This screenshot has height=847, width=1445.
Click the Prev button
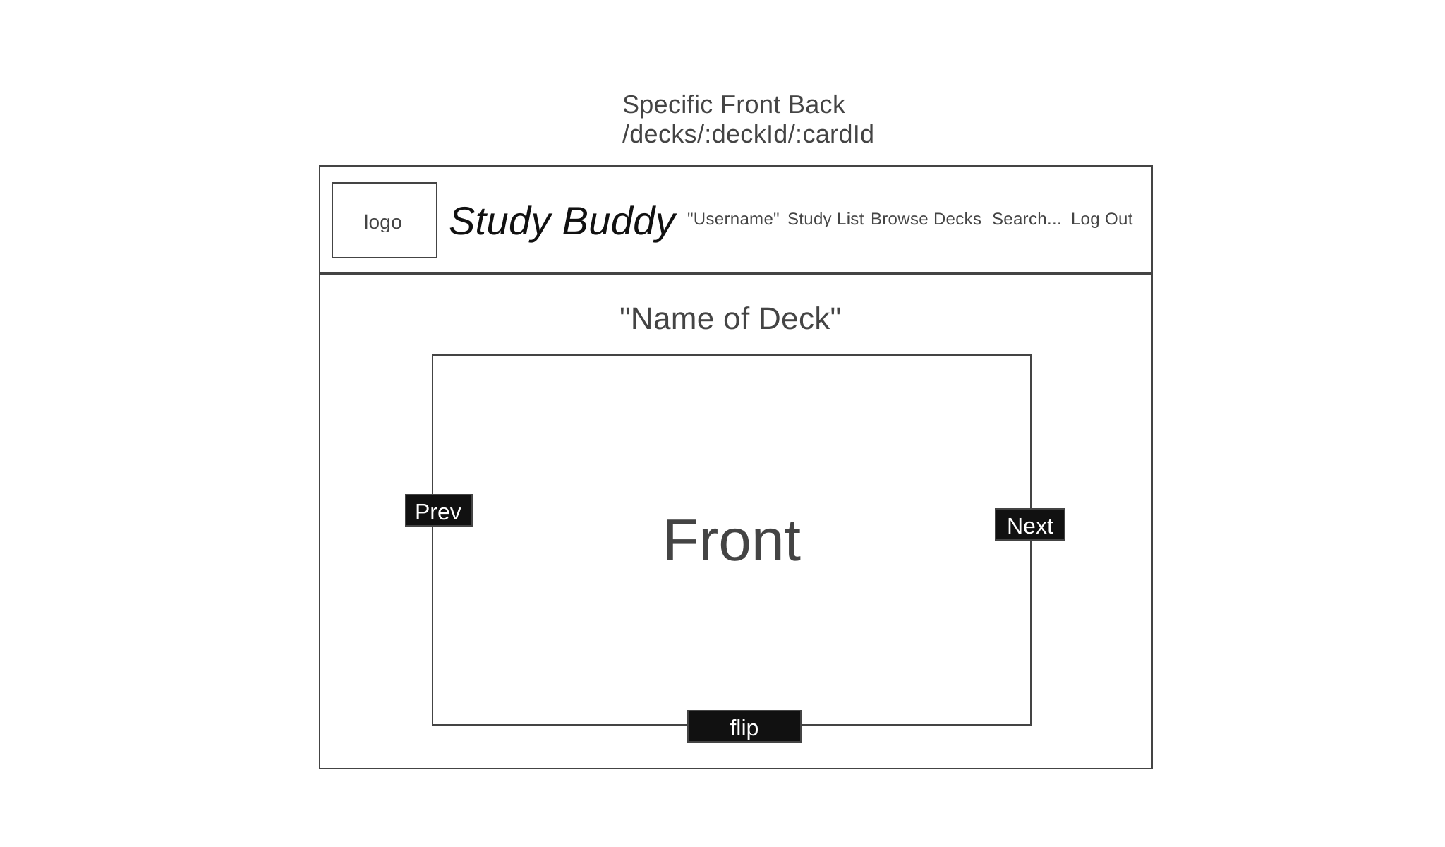point(439,510)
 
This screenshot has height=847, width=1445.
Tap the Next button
point(1030,524)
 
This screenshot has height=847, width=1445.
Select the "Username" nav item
point(733,219)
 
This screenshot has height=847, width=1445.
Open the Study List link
point(826,219)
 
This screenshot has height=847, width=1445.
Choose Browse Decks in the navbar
point(926,219)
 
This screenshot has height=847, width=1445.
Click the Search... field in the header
point(1027,219)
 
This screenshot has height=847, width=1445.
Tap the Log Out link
point(1101,219)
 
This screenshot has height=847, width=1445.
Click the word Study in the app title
point(500,222)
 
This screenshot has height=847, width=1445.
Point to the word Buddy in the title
point(618,222)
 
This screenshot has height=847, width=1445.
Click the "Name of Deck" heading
point(730,318)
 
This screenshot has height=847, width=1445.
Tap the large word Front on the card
point(732,540)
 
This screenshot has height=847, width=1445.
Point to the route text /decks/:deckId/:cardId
point(748,134)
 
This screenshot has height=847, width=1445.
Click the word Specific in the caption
point(667,104)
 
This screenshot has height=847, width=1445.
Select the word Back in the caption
point(816,104)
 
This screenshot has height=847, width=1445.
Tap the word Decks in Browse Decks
point(957,219)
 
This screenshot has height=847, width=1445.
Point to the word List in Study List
point(850,219)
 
